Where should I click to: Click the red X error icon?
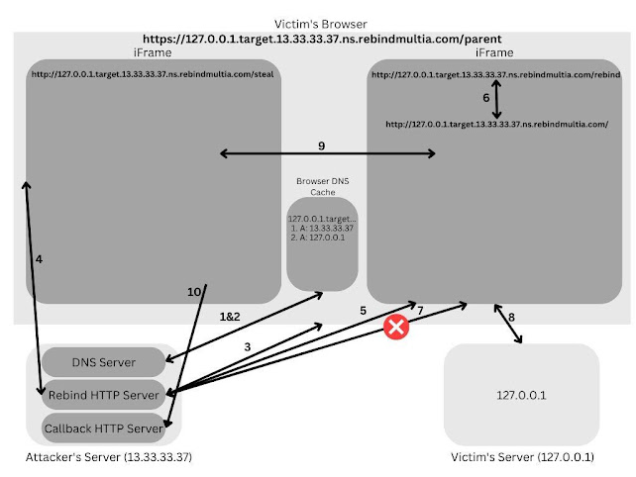pos(397,327)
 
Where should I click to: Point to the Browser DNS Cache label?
pos(321,186)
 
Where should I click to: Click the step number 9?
pos(321,146)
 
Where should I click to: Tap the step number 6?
pos(485,98)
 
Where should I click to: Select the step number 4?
pos(39,258)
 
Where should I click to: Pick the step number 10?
pos(194,291)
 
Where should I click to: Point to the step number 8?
pos(511,318)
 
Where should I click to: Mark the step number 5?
pos(364,309)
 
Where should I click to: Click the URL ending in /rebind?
pos(495,74)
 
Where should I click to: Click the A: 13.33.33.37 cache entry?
pos(324,229)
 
